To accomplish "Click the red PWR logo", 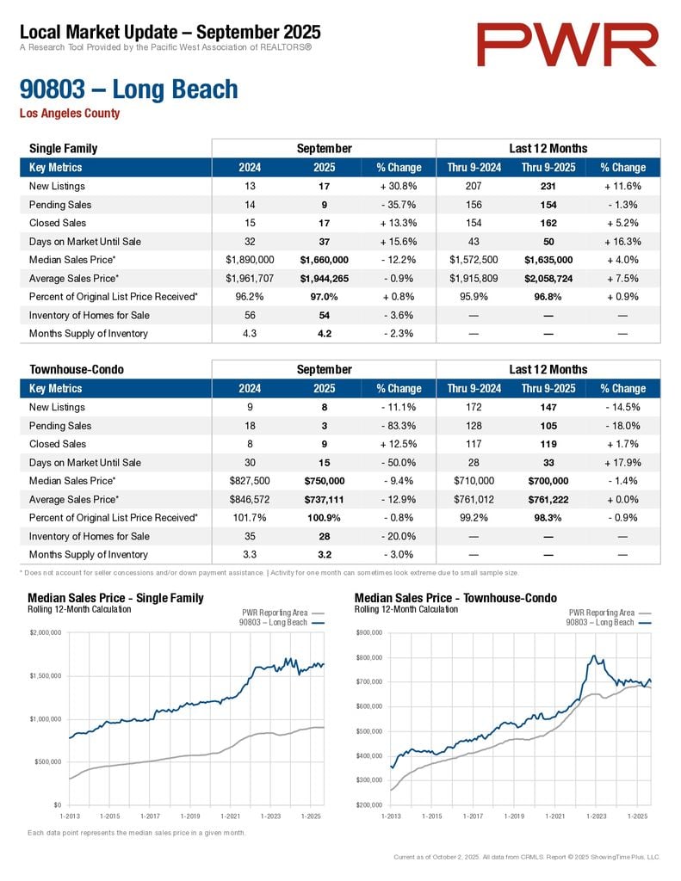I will click(x=568, y=45).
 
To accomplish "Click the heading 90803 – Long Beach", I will click(x=128, y=89).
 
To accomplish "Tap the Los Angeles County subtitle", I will click(x=70, y=114).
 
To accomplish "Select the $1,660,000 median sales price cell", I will click(x=324, y=260).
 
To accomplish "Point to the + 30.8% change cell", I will click(x=399, y=186).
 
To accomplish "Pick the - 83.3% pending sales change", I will click(x=399, y=426).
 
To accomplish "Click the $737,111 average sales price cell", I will click(x=324, y=499).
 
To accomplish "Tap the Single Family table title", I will click(x=64, y=149).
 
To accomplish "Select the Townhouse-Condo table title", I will click(x=77, y=370).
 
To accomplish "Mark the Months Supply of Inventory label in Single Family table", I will click(x=89, y=334).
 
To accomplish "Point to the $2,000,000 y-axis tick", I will click(x=46, y=633).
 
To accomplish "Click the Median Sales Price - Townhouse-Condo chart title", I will click(x=455, y=598).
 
